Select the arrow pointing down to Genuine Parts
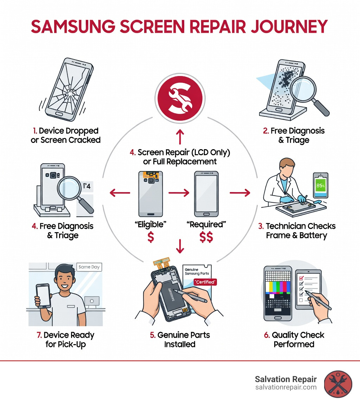180,246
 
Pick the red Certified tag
205,282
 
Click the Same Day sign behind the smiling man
89,267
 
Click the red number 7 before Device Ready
39,335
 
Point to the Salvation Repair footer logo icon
337,383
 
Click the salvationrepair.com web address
286,387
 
